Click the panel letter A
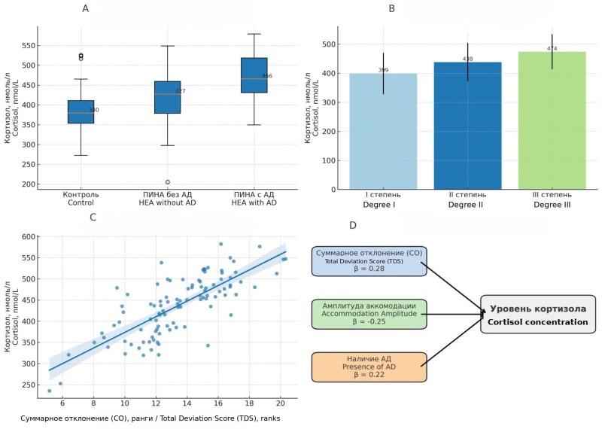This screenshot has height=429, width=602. (x=85, y=9)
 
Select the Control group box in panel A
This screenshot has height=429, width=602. (x=81, y=111)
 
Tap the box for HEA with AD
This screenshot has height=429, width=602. (x=254, y=75)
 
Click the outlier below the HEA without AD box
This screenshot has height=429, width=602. (x=167, y=181)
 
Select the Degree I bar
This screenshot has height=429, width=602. (x=383, y=131)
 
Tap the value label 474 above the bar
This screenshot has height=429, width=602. (x=552, y=48)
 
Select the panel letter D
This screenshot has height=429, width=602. (x=353, y=225)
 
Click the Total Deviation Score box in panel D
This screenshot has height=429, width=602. (x=369, y=260)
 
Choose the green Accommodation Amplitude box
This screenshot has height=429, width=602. (x=369, y=313)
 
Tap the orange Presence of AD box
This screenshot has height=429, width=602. (x=369, y=367)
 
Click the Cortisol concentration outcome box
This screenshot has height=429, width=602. (x=537, y=315)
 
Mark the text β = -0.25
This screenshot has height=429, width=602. (x=369, y=321)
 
